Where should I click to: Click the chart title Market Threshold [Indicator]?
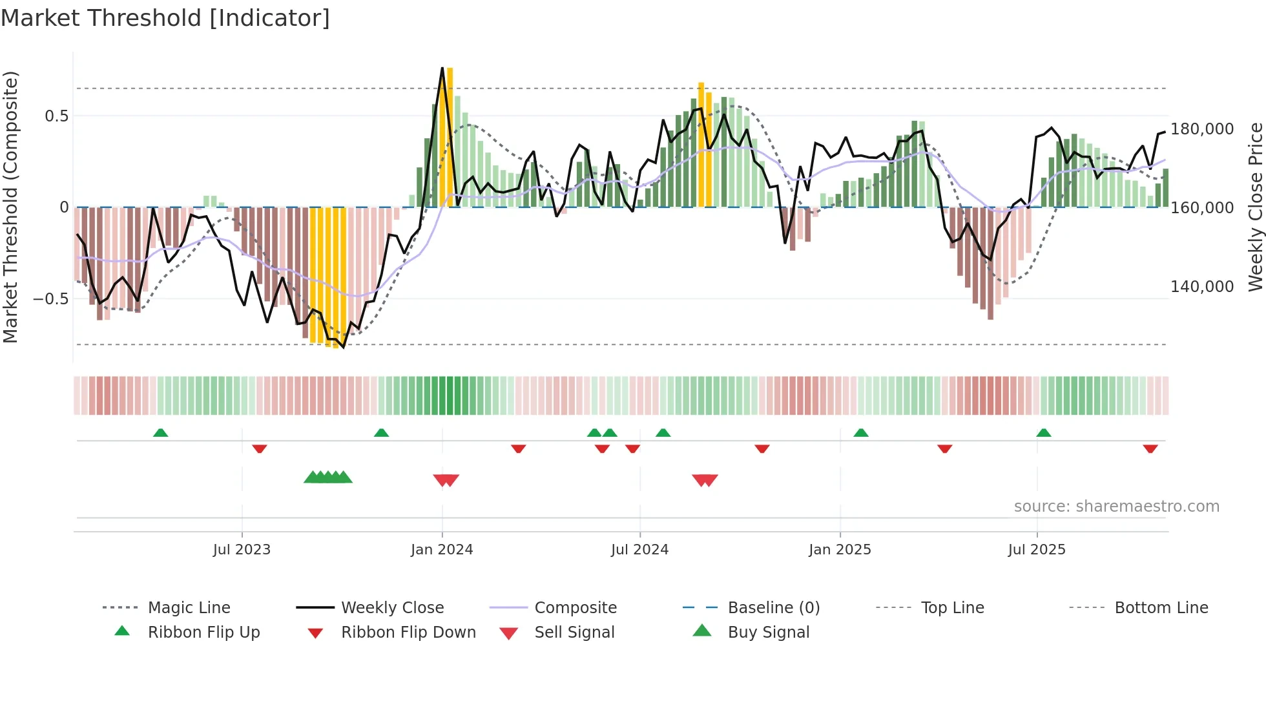point(165,18)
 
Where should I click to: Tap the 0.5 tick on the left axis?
point(56,116)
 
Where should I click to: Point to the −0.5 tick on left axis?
point(51,298)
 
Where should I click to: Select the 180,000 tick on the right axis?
point(1202,129)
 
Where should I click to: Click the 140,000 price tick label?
point(1202,286)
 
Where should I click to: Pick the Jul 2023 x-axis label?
point(242,550)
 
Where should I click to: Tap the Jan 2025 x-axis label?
point(840,550)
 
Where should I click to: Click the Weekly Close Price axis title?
point(1255,207)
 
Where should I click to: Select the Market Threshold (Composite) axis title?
point(10,207)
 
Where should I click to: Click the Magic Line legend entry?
point(189,608)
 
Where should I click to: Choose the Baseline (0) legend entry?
point(773,608)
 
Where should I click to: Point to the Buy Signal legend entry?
point(768,633)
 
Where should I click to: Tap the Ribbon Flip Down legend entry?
point(408,633)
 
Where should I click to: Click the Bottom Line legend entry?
point(1161,608)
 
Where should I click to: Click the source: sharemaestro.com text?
point(1116,507)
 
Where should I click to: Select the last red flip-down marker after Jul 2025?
point(1150,448)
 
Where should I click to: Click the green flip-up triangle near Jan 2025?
point(860,433)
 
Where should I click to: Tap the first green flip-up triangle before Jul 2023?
point(160,433)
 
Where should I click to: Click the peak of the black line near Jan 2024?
point(442,68)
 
